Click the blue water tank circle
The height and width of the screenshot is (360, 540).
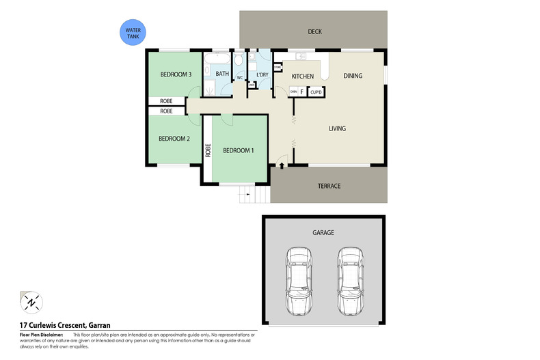pyautogui.click(x=132, y=32)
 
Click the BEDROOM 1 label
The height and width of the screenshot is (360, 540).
pyautogui.click(x=239, y=150)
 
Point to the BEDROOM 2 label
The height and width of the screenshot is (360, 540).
pyautogui.click(x=174, y=139)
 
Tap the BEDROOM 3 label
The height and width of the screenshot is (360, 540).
pyautogui.click(x=175, y=74)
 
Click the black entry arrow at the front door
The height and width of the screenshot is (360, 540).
pyautogui.click(x=282, y=165)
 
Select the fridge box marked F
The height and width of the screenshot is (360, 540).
pyautogui.click(x=302, y=91)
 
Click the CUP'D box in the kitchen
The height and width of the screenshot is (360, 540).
pyautogui.click(x=316, y=91)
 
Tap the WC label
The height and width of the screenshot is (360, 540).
pyautogui.click(x=240, y=78)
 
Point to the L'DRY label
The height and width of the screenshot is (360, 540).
pyautogui.click(x=262, y=74)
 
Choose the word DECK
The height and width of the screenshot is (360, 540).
pyautogui.click(x=314, y=31)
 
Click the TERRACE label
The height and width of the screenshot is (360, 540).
pyautogui.click(x=329, y=186)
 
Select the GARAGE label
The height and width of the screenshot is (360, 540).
pyautogui.click(x=323, y=233)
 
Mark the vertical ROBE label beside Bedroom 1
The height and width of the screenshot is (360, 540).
pyautogui.click(x=208, y=151)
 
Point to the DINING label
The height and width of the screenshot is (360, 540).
pyautogui.click(x=353, y=76)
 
